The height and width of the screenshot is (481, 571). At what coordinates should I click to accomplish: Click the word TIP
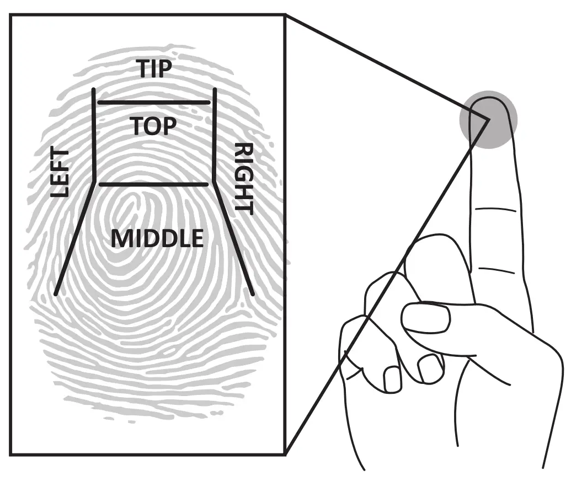(155, 69)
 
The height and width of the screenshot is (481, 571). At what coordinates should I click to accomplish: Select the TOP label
(154, 126)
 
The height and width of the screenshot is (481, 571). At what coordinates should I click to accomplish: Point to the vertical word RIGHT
(243, 178)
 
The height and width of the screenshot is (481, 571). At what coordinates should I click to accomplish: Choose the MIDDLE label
(157, 238)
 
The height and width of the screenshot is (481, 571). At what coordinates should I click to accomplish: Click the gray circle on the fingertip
(488, 119)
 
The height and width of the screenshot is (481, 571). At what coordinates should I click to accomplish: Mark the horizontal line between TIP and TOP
(154, 102)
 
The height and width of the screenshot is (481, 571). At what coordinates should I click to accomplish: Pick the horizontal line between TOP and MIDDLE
(154, 184)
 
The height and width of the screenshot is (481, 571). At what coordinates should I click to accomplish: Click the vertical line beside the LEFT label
(95, 132)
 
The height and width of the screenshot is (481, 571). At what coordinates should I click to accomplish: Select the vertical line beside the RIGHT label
(214, 132)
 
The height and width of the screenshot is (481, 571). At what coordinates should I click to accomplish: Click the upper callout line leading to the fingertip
(386, 66)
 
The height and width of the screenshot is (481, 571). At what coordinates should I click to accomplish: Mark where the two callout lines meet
(488, 119)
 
